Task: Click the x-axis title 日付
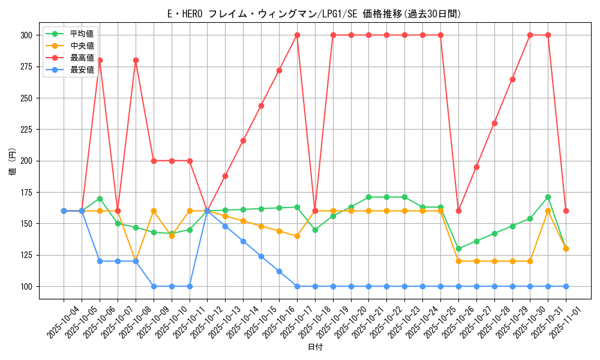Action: [x=314, y=347]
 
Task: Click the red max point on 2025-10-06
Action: [x=100, y=60]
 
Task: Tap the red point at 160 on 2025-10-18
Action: [x=315, y=211]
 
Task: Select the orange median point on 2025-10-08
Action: [x=136, y=261]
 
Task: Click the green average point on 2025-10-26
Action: [x=458, y=248]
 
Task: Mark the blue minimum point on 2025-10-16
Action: [x=279, y=271]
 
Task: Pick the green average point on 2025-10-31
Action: [x=548, y=197]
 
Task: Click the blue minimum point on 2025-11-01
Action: [x=566, y=286]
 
